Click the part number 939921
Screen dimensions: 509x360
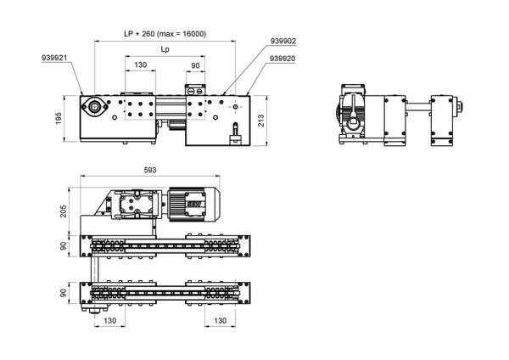pyautogui.click(x=54, y=58)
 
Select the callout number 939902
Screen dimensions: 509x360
pyautogui.click(x=283, y=41)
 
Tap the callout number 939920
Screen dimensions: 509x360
pyautogui.click(x=282, y=59)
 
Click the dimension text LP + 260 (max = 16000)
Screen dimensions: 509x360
pyautogui.click(x=165, y=34)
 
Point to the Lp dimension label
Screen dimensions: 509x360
pyautogui.click(x=165, y=49)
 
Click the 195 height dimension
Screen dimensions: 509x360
pyautogui.click(x=59, y=119)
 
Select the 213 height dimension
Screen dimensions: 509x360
pyautogui.click(x=260, y=121)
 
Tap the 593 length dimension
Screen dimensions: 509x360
pyautogui.click(x=150, y=170)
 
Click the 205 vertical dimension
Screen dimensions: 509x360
pyautogui.click(x=64, y=211)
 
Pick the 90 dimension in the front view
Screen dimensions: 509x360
pyautogui.click(x=195, y=65)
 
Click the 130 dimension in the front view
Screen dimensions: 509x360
pyautogui.click(x=140, y=65)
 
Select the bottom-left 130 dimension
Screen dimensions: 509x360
pyautogui.click(x=109, y=321)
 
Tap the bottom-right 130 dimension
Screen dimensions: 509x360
pyautogui.click(x=220, y=321)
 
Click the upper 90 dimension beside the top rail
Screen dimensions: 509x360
pyautogui.click(x=64, y=246)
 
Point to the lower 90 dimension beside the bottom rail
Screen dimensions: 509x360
pyautogui.click(x=64, y=293)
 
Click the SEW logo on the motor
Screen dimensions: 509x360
pyautogui.click(x=194, y=204)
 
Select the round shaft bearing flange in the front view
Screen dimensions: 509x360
pyautogui.click(x=94, y=106)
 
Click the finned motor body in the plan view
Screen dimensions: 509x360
pyautogui.click(x=194, y=205)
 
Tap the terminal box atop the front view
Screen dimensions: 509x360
pyautogui.click(x=195, y=90)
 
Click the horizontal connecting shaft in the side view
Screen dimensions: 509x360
pyautogui.click(x=418, y=107)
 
